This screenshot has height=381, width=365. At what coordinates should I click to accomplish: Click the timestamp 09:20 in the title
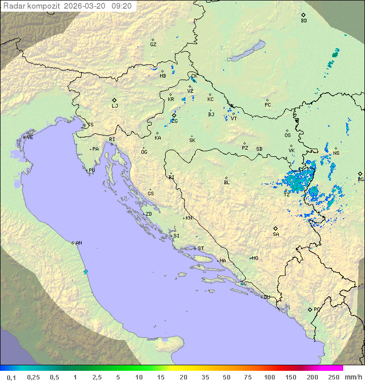(122, 6)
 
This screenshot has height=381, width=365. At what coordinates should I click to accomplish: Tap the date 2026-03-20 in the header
(89, 6)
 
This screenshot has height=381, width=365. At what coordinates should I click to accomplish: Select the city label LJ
(115, 106)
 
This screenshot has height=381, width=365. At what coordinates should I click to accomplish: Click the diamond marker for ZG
(174, 116)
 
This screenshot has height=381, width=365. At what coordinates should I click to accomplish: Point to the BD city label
(304, 21)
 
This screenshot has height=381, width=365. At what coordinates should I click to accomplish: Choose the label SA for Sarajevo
(276, 234)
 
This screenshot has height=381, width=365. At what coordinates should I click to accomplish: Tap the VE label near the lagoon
(30, 137)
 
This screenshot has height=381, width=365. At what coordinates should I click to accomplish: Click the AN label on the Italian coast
(79, 243)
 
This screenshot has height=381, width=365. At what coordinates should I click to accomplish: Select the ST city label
(201, 249)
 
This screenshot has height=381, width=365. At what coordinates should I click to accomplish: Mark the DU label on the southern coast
(266, 297)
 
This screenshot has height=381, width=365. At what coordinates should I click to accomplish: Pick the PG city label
(317, 309)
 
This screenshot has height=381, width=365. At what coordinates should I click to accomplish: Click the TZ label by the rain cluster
(286, 195)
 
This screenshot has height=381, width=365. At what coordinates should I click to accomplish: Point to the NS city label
(336, 153)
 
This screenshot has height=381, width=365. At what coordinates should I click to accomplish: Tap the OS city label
(287, 135)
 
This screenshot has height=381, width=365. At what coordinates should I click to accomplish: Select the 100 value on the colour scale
(269, 377)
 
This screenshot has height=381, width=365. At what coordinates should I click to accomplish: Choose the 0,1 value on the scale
(11, 377)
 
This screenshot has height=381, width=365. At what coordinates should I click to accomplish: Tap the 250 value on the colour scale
(333, 377)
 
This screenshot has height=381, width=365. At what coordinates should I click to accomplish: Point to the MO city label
(255, 258)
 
